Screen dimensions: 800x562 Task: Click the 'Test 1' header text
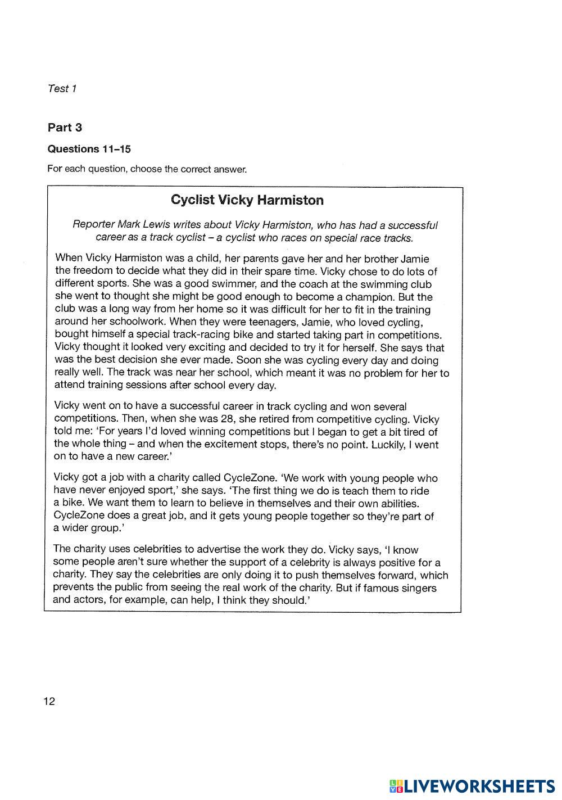click(x=62, y=88)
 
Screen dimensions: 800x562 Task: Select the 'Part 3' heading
click(x=65, y=128)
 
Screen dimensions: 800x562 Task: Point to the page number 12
click(x=49, y=701)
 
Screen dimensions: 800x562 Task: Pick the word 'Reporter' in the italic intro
click(x=93, y=225)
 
